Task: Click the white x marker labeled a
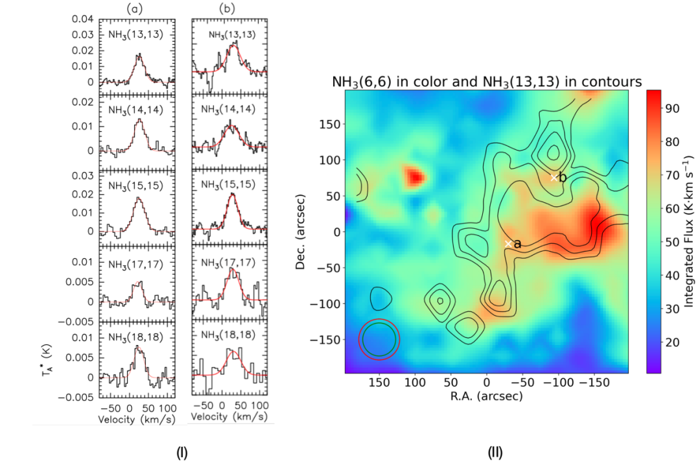point(508,243)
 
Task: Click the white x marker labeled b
point(554,177)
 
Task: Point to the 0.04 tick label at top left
point(82,18)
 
